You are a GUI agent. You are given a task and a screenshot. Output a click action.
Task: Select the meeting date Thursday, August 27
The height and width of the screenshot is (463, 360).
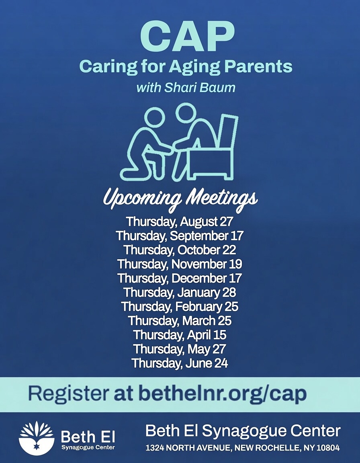click(x=180, y=221)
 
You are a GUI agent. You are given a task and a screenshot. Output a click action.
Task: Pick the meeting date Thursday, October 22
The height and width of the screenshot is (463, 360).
click(x=180, y=250)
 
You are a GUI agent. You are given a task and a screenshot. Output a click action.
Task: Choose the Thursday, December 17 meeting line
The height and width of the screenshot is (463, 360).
click(x=180, y=278)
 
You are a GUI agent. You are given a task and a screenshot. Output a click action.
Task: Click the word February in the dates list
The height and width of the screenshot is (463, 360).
click(x=198, y=307)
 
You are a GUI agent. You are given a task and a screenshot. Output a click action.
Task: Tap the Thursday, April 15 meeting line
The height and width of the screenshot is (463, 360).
click(x=180, y=335)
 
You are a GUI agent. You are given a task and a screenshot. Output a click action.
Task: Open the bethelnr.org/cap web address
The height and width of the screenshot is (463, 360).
click(x=223, y=395)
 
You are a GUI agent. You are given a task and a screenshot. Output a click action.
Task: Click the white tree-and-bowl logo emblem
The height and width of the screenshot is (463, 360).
click(x=37, y=438)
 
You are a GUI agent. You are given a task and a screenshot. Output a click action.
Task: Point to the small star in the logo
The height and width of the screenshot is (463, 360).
click(x=37, y=446)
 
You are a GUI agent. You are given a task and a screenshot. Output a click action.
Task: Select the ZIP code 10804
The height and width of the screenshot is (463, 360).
click(x=328, y=448)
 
